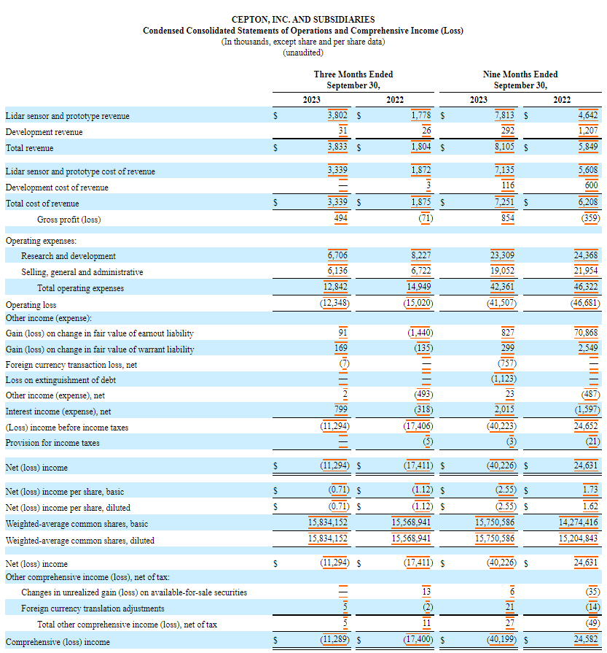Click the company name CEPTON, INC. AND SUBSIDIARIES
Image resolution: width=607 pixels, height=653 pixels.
click(x=303, y=20)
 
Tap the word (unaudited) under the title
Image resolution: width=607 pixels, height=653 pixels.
click(x=303, y=53)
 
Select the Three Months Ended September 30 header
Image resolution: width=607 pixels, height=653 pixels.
click(x=353, y=80)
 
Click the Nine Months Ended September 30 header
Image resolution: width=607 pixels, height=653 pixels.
click(x=520, y=80)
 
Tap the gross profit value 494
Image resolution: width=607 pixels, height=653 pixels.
click(x=338, y=220)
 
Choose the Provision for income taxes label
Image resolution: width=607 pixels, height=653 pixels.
click(x=52, y=443)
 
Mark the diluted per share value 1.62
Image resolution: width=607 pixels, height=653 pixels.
click(x=590, y=507)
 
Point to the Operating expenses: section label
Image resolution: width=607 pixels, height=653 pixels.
click(x=41, y=240)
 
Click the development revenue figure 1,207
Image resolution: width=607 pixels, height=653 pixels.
click(x=587, y=132)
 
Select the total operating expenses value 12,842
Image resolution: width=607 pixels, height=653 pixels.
click(x=335, y=287)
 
